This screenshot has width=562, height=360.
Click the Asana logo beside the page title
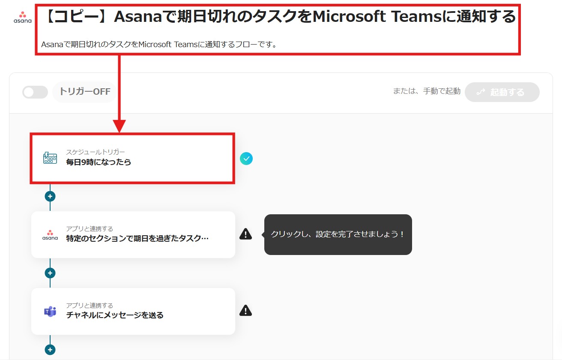click(x=22, y=17)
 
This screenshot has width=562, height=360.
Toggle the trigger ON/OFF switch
click(x=35, y=92)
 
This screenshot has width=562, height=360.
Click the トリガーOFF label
click(x=85, y=92)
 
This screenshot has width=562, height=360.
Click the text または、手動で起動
click(x=427, y=91)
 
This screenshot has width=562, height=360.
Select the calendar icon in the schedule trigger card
click(x=50, y=158)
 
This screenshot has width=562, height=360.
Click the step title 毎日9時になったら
click(x=99, y=162)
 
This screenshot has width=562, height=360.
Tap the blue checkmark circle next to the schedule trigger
click(x=246, y=159)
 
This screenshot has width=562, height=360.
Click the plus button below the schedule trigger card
click(x=50, y=196)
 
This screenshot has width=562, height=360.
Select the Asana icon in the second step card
click(x=50, y=235)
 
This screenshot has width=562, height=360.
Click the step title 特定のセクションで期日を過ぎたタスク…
click(x=137, y=239)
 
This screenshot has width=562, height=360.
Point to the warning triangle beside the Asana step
click(x=245, y=234)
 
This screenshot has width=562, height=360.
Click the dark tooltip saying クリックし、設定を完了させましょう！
click(x=338, y=234)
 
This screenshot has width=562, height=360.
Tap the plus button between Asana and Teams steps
click(x=50, y=273)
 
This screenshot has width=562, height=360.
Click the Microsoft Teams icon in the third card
click(x=50, y=312)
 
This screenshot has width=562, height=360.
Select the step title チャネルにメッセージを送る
click(x=115, y=315)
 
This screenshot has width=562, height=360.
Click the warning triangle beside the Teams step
click(x=245, y=310)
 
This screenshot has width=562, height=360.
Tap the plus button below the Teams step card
click(x=50, y=350)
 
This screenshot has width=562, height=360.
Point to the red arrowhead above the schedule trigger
click(x=120, y=126)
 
